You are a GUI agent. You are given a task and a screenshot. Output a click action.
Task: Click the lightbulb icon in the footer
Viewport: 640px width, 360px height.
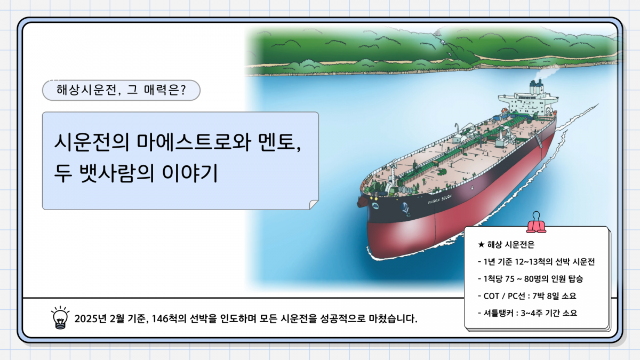point(60,318)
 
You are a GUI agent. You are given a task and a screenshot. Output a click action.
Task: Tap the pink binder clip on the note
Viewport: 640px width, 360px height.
point(537,222)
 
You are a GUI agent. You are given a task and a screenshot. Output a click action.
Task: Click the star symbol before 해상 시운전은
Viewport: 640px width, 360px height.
point(481,245)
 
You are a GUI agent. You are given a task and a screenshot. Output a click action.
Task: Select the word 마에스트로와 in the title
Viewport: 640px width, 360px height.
point(194,142)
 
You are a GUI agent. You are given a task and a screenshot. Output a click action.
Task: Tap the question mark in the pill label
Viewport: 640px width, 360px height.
point(183,90)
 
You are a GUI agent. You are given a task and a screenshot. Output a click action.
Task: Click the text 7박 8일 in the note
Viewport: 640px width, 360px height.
point(546,296)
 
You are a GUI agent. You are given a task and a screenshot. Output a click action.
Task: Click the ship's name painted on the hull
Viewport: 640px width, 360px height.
point(439,199)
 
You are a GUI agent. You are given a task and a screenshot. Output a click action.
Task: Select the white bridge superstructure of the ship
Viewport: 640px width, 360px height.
point(529,103)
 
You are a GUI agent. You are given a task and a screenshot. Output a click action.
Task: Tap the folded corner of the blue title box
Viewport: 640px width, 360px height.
point(314,205)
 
